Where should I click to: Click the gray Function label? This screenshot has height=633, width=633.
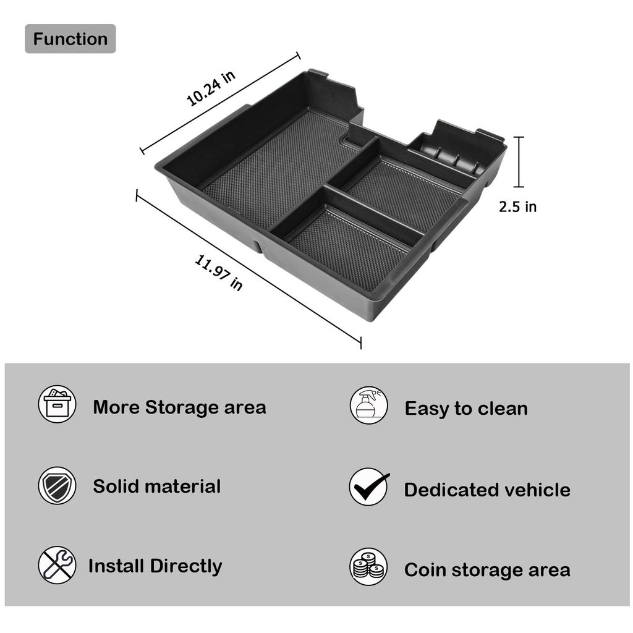70,39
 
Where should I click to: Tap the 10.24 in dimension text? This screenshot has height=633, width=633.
211,88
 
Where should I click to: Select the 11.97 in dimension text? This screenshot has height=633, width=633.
219,273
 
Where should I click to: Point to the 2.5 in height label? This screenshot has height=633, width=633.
517,206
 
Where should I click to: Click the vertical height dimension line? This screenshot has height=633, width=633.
519,162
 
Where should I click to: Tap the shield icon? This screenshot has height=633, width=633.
57,485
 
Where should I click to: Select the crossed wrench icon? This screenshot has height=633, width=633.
57,565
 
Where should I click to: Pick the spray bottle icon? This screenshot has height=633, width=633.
368,406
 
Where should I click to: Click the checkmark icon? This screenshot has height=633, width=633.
369,487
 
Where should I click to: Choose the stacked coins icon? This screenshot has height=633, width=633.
368,567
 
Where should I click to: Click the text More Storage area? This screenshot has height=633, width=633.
179,407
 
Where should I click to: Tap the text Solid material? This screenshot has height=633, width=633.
156,486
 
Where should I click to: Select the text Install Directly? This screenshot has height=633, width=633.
155,566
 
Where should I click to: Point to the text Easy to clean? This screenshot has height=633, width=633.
466,409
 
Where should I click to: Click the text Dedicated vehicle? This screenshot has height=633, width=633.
487,490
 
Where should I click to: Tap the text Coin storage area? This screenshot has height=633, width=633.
487,570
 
